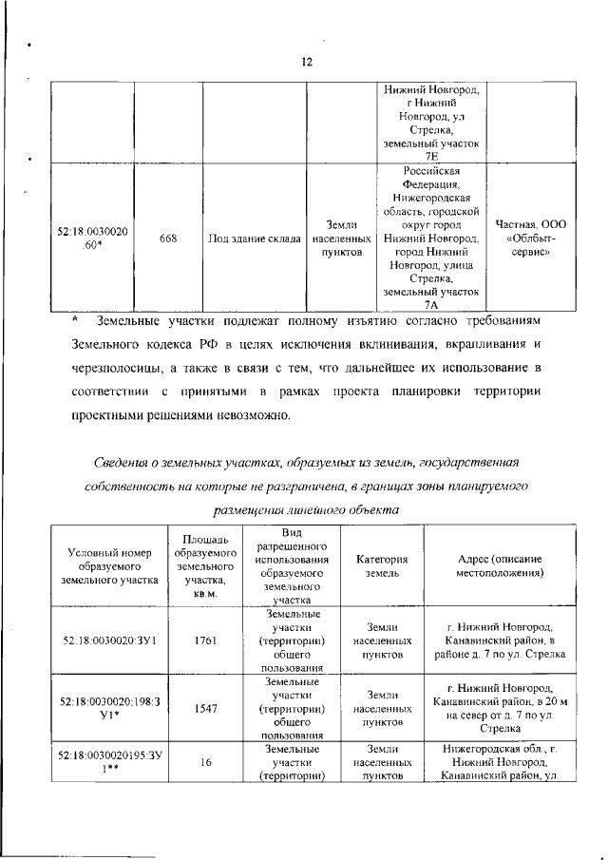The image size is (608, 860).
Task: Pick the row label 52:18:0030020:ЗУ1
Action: pyautogui.click(x=107, y=641)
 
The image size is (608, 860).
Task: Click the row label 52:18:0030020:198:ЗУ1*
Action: pyautogui.click(x=107, y=708)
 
